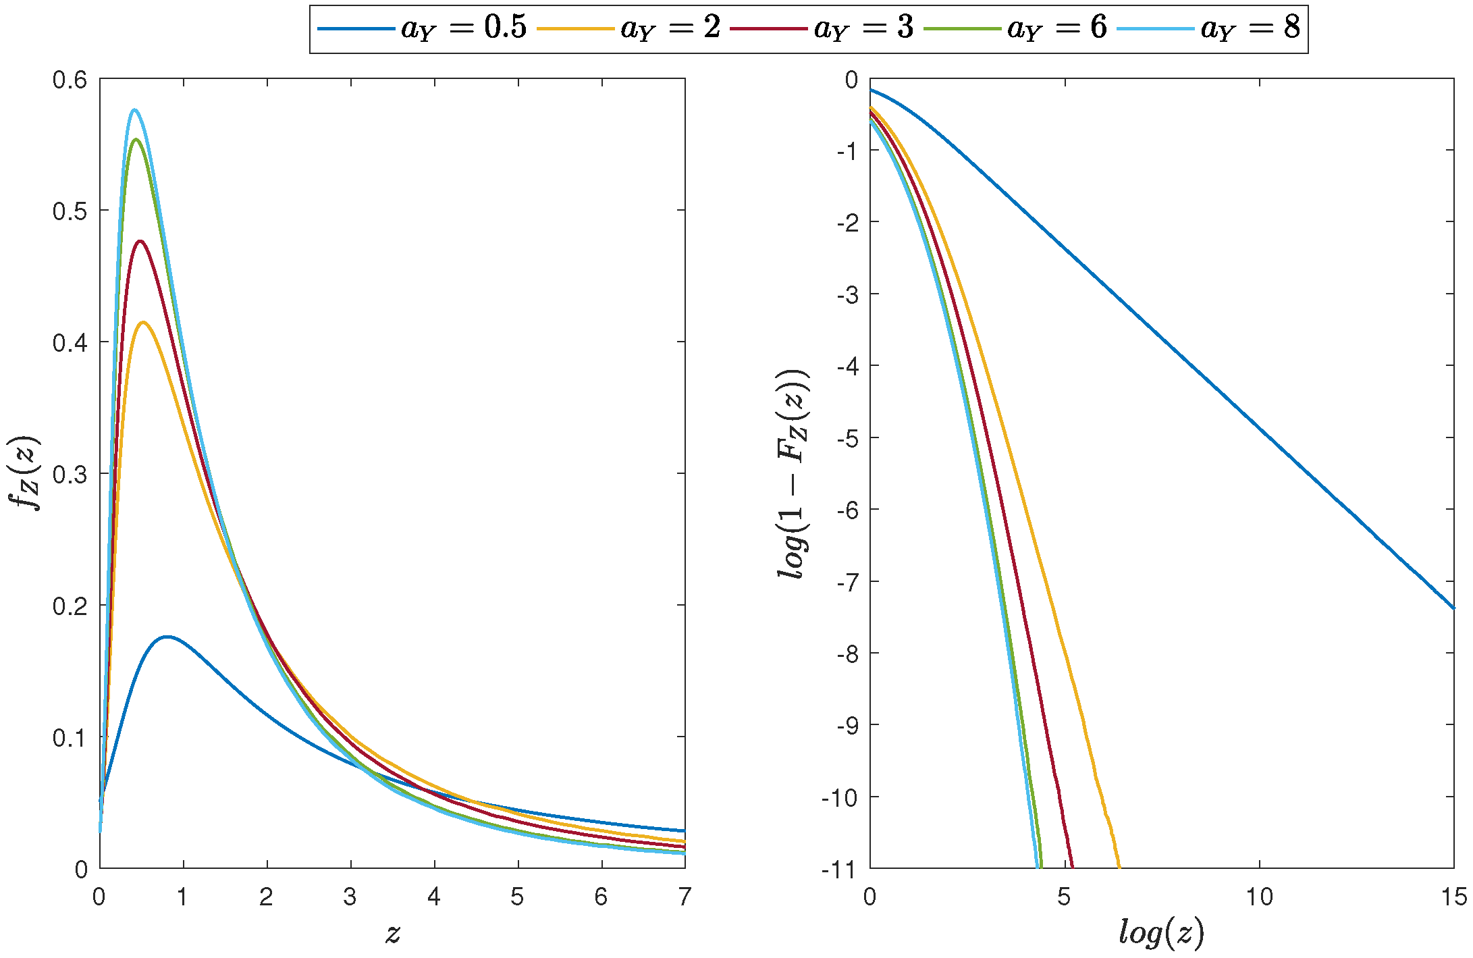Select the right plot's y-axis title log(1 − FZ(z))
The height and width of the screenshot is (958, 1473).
pos(794,473)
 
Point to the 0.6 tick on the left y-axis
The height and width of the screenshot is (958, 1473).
pos(70,80)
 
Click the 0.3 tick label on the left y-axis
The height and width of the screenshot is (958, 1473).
pos(70,474)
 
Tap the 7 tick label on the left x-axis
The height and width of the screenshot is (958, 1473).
pos(685,897)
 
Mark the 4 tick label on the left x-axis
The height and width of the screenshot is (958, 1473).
pos(434,897)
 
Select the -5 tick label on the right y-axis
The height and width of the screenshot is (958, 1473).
pos(847,438)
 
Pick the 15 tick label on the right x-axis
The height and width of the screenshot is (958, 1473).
pos(1453,897)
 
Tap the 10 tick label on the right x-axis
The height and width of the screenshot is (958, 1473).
pos(1259,897)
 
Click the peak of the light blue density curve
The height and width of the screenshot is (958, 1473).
pos(134,109)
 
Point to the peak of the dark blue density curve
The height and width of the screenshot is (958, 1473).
pos(167,637)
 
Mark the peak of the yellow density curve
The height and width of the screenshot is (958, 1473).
pos(143,322)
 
